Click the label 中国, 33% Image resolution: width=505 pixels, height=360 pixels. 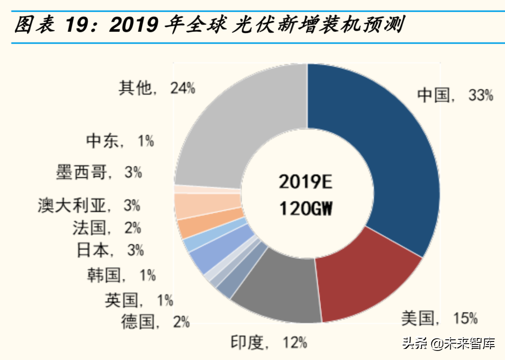coord(455,95)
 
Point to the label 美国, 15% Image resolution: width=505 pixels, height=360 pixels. coord(439,318)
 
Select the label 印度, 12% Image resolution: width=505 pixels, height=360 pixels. coord(269,342)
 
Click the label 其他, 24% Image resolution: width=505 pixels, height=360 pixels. coord(157,88)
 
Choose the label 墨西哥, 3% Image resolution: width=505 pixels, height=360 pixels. coord(99,172)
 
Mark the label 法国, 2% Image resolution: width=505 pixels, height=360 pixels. coord(106,227)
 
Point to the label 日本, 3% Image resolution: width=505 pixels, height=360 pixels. coord(110,250)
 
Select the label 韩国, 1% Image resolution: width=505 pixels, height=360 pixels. coord(121,275)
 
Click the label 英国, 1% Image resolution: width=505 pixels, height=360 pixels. coord(139,300)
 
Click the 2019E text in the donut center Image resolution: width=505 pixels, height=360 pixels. coord(305,182)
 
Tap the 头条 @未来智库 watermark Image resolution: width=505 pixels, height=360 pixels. coord(449,343)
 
